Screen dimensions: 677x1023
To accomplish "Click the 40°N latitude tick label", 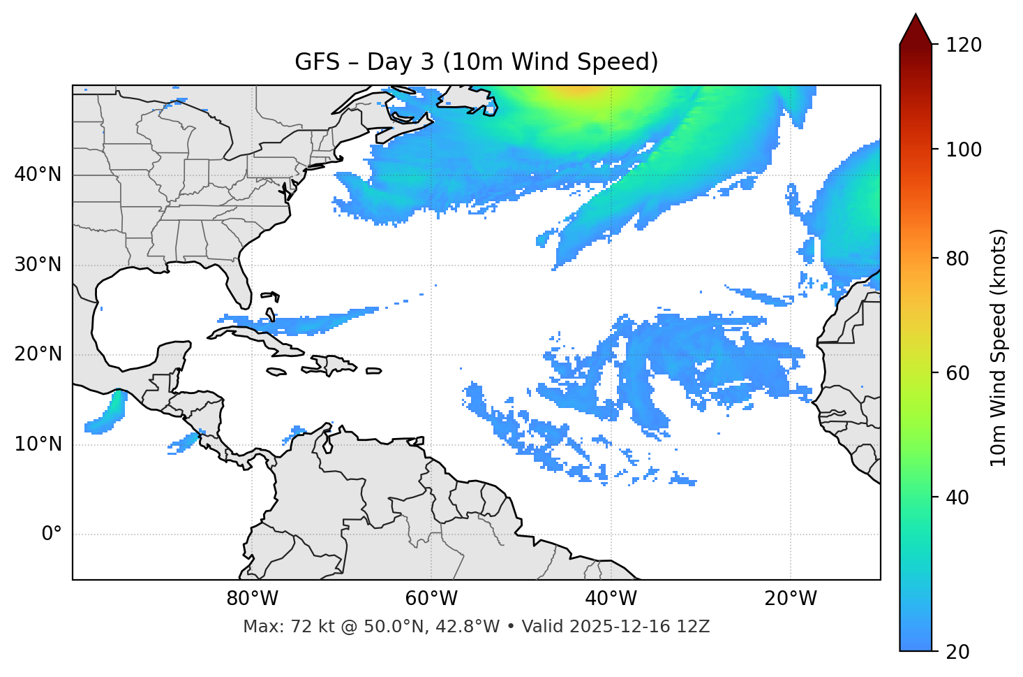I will (x=38, y=175).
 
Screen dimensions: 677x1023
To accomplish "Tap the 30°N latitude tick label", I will (x=38, y=265).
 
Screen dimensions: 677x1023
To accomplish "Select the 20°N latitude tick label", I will (x=38, y=354).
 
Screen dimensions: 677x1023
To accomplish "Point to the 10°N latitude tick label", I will (x=38, y=444).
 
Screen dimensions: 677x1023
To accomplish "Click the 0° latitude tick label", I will (x=52, y=534).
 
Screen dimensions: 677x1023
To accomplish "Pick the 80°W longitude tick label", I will (x=252, y=599).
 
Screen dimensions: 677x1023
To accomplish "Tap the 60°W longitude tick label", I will (x=431, y=599).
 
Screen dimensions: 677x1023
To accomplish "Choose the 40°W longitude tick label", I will (x=611, y=599).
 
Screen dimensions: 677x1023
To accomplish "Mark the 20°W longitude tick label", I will (x=791, y=599).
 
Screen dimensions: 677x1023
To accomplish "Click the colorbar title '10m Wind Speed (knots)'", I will (x=999, y=347).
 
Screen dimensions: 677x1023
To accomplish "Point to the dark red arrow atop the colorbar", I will (x=916, y=31).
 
